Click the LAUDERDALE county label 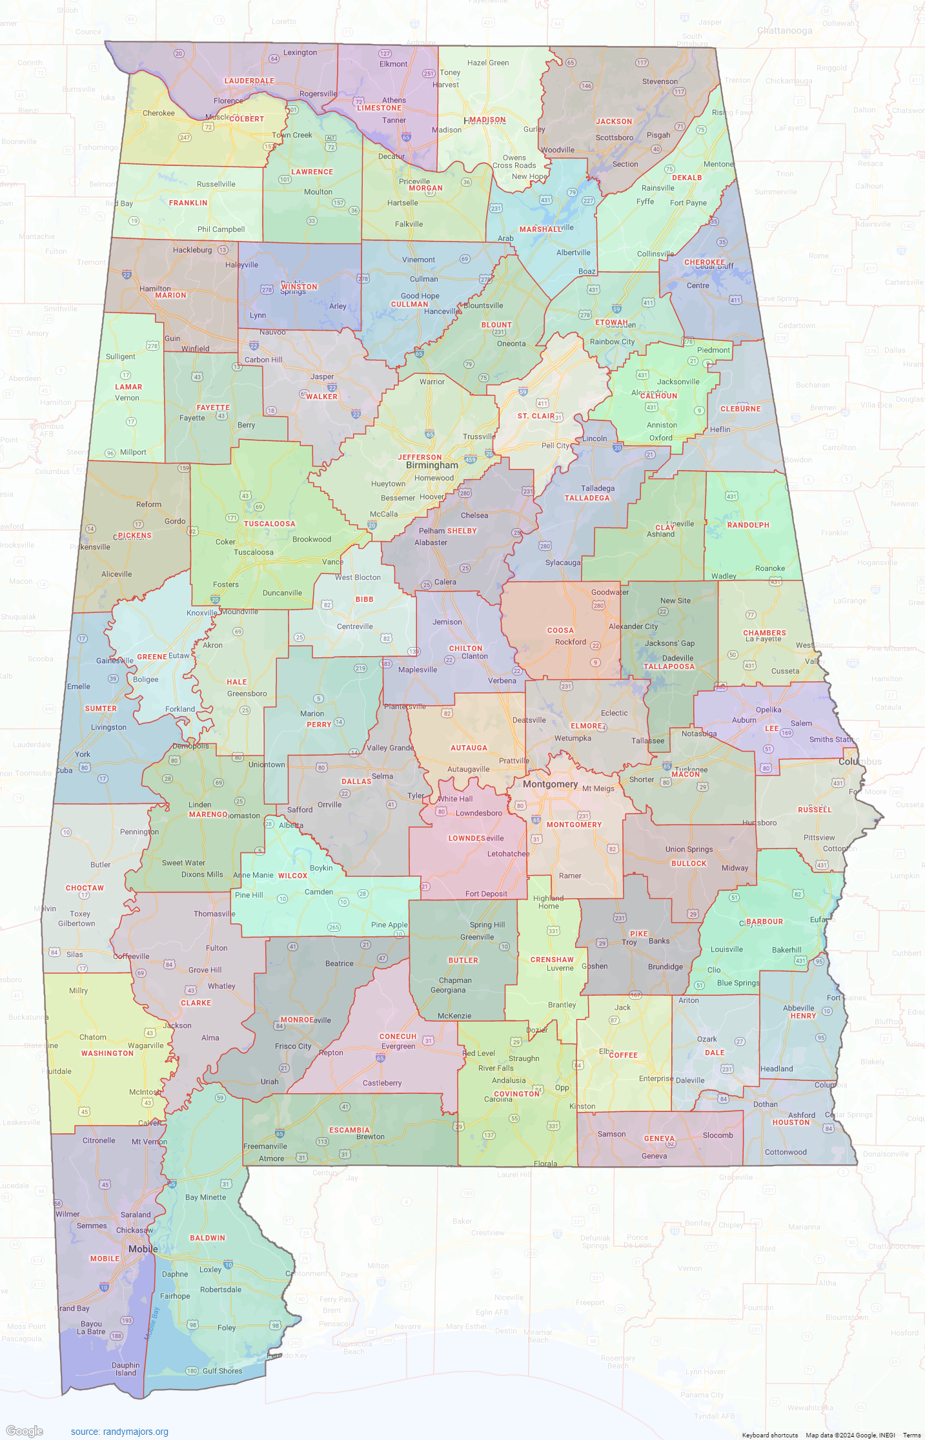249,81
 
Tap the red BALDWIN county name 207,1238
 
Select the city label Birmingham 432,465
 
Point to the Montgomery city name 550,784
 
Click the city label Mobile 143,1249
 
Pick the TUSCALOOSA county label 269,524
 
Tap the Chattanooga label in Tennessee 784,30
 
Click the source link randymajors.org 119,1432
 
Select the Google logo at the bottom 25,1431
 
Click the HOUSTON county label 791,1122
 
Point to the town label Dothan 765,1104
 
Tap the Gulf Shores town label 222,1371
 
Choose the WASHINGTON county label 107,1053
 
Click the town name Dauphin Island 125,1369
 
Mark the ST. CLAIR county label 536,416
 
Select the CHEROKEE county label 704,262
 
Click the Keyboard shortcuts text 769,1435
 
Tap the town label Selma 382,776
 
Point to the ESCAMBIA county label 349,1130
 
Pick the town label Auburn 744,720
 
